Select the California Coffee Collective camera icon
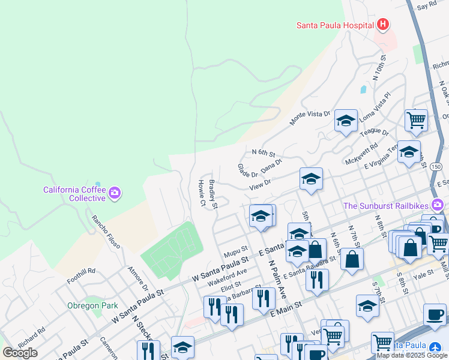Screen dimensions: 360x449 [x=114, y=193]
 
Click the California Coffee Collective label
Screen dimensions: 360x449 [x=74, y=194]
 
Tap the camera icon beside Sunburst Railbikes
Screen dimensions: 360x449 [x=437, y=205]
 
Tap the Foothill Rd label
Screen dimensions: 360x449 [x=81, y=271]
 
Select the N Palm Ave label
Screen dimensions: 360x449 [x=277, y=280]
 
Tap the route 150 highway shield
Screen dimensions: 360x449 [x=436, y=166]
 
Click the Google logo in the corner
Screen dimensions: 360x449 [x=20, y=352]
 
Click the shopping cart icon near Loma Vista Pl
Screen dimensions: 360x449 [x=415, y=120]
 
